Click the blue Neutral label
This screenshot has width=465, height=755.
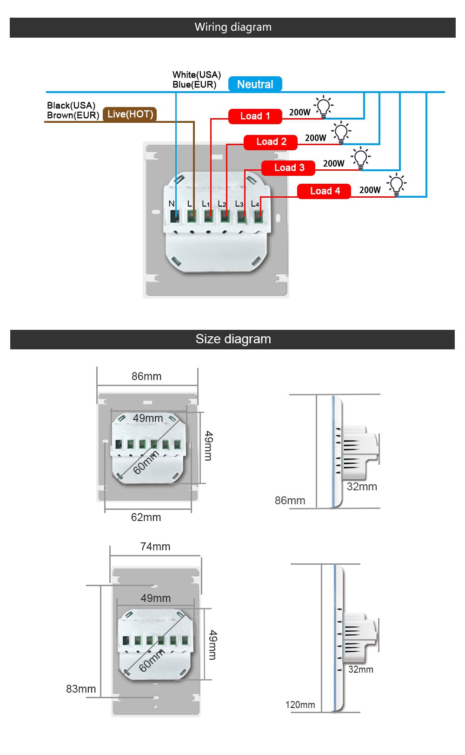coord(255,84)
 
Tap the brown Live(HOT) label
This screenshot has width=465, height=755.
coord(130,114)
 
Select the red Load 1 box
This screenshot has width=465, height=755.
coord(255,116)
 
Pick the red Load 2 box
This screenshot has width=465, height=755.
coord(271,142)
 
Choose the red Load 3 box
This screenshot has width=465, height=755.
coord(289,168)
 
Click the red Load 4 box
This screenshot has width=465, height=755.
coord(325,191)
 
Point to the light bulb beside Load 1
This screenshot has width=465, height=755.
coord(324,107)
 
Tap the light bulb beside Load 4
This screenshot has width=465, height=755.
coord(397,184)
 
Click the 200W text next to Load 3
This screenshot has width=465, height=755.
coord(333,164)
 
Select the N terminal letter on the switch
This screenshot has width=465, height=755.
coord(171,204)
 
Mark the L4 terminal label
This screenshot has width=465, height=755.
coord(255,204)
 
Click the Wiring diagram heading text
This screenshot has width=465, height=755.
coord(233,27)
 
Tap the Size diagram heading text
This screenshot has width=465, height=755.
coord(233,339)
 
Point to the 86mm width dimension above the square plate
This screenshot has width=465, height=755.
coord(146,376)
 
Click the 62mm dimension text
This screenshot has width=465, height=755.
coord(146,517)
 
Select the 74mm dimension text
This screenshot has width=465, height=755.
coord(155,547)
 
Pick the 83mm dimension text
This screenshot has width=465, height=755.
coord(81,689)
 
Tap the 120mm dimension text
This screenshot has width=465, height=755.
coord(300,705)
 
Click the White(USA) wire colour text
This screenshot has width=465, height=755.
coord(197,75)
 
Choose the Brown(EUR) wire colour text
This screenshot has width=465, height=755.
coord(73,115)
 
